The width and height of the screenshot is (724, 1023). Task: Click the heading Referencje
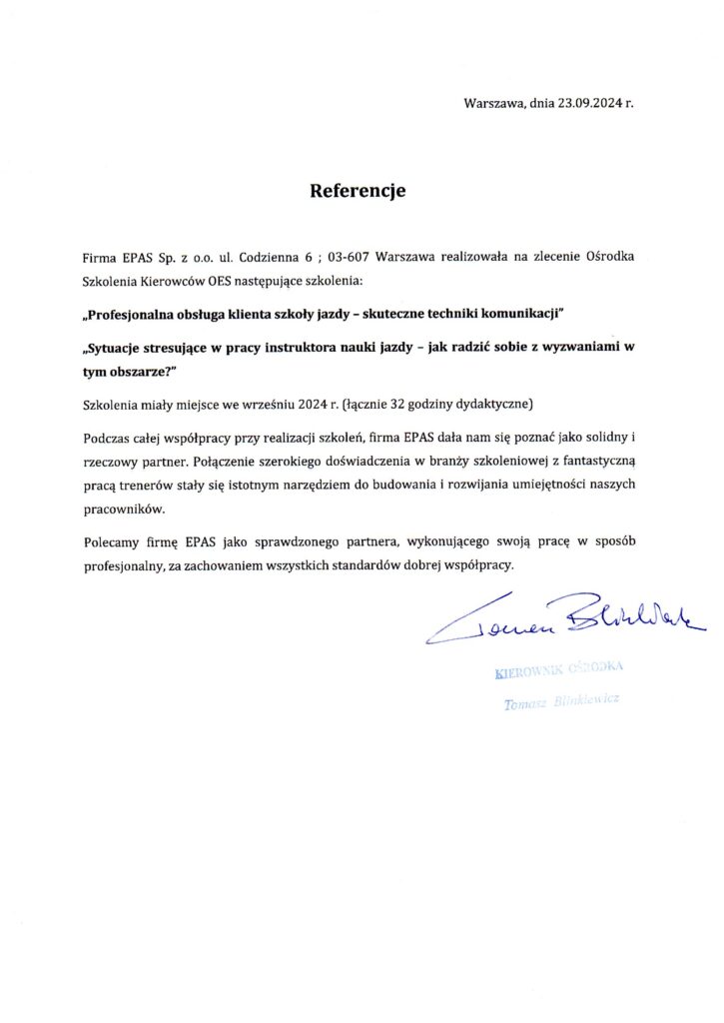click(x=358, y=191)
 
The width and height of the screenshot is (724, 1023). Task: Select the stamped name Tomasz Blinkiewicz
click(x=561, y=701)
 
